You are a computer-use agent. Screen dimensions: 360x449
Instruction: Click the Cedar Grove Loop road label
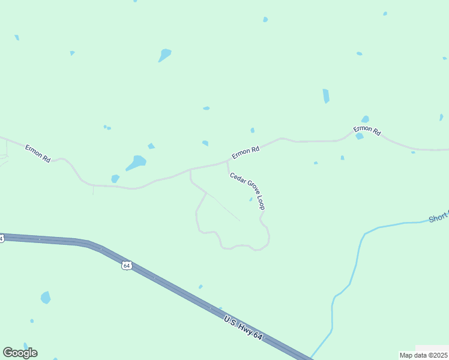[x=247, y=191]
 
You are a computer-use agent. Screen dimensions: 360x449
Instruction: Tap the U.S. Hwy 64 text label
[x=243, y=329]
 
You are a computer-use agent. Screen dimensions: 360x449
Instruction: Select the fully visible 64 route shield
[x=126, y=265]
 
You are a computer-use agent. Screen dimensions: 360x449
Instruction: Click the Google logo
[x=20, y=353]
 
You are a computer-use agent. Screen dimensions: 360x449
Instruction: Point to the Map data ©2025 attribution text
[x=423, y=355]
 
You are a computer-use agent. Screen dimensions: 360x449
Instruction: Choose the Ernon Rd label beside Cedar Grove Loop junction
[x=246, y=152]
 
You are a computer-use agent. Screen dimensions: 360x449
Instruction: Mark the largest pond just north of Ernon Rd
[x=136, y=163]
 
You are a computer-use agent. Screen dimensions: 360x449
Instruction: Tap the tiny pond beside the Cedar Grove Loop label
[x=251, y=199]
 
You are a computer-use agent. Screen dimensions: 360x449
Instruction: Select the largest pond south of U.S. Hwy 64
[x=46, y=297]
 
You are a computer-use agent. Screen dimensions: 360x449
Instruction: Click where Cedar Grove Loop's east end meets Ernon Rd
[x=227, y=161]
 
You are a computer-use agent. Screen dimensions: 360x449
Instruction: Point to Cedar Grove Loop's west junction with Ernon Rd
[x=190, y=170]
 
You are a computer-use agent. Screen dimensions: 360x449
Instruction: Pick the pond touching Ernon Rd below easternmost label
[x=359, y=136]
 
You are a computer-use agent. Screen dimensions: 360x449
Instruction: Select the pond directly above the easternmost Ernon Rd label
[x=365, y=119]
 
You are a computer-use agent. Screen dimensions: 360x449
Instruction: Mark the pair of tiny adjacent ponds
[x=107, y=127]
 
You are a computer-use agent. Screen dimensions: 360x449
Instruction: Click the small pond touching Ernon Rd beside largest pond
[x=115, y=178]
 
